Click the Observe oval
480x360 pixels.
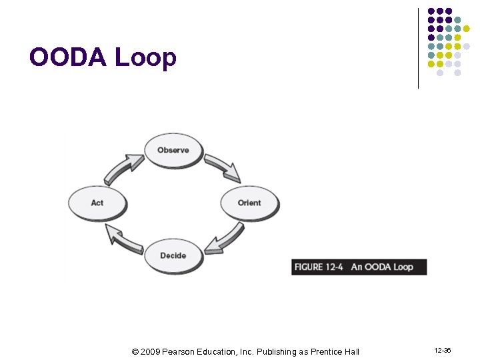(173, 150)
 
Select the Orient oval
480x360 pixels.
(249, 203)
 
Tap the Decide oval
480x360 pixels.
(173, 255)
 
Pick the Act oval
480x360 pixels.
(97, 203)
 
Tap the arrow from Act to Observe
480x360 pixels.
(123, 167)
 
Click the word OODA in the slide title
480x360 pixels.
(69, 58)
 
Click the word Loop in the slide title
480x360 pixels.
(146, 59)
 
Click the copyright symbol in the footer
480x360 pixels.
(135, 351)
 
